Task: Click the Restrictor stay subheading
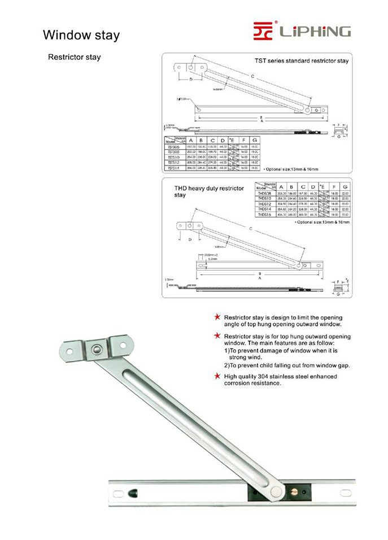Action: [75, 58]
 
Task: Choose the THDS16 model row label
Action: [265, 215]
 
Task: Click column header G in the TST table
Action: [255, 140]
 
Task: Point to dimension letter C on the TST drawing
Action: [252, 76]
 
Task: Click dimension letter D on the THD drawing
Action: [190, 239]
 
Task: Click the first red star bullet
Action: [217, 317]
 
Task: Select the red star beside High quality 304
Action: [217, 376]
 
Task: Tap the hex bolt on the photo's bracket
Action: [97, 350]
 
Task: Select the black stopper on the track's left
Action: [134, 493]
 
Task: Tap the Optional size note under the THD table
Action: [322, 223]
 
